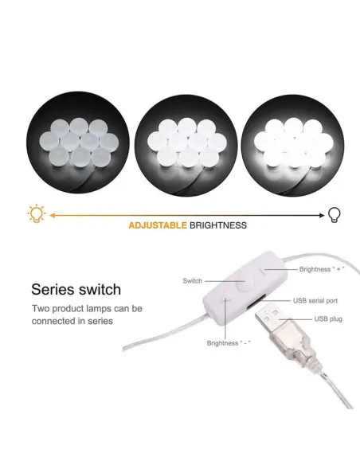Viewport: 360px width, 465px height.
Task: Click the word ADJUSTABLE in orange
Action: (x=158, y=225)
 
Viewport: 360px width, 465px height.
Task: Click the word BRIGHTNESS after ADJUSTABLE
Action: (x=218, y=225)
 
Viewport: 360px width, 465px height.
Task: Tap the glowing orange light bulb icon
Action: (x=37, y=213)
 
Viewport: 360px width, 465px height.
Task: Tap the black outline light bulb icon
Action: (x=335, y=215)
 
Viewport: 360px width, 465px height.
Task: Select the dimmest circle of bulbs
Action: (x=78, y=143)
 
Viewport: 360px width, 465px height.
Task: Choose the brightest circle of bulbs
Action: (x=293, y=145)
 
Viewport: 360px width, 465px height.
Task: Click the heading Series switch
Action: (x=76, y=290)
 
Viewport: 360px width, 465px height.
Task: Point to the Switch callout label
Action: (x=193, y=281)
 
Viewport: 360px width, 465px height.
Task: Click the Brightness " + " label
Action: (x=322, y=269)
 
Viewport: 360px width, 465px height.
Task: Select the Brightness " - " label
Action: (x=229, y=343)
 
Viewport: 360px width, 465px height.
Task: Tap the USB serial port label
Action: (x=315, y=301)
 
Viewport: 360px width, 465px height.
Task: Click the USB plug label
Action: (x=328, y=319)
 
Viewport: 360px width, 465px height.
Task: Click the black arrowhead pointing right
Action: (x=322, y=215)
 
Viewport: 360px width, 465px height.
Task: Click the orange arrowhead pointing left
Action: (x=53, y=215)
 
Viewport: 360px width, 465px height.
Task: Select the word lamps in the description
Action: (x=100, y=309)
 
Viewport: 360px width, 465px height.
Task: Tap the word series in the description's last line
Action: (x=100, y=321)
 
